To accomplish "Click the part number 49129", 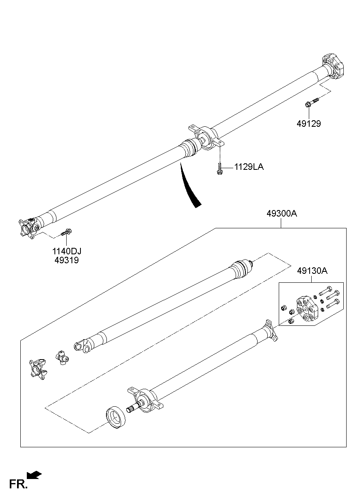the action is (x=309, y=124).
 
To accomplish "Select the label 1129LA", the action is (x=249, y=167).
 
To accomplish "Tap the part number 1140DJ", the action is (x=67, y=251).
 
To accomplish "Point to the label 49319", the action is (x=67, y=260).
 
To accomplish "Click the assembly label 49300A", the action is (x=282, y=213).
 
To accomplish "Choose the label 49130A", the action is (x=312, y=271).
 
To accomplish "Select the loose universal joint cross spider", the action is (x=62, y=358).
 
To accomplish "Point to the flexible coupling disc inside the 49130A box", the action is (x=307, y=311).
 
